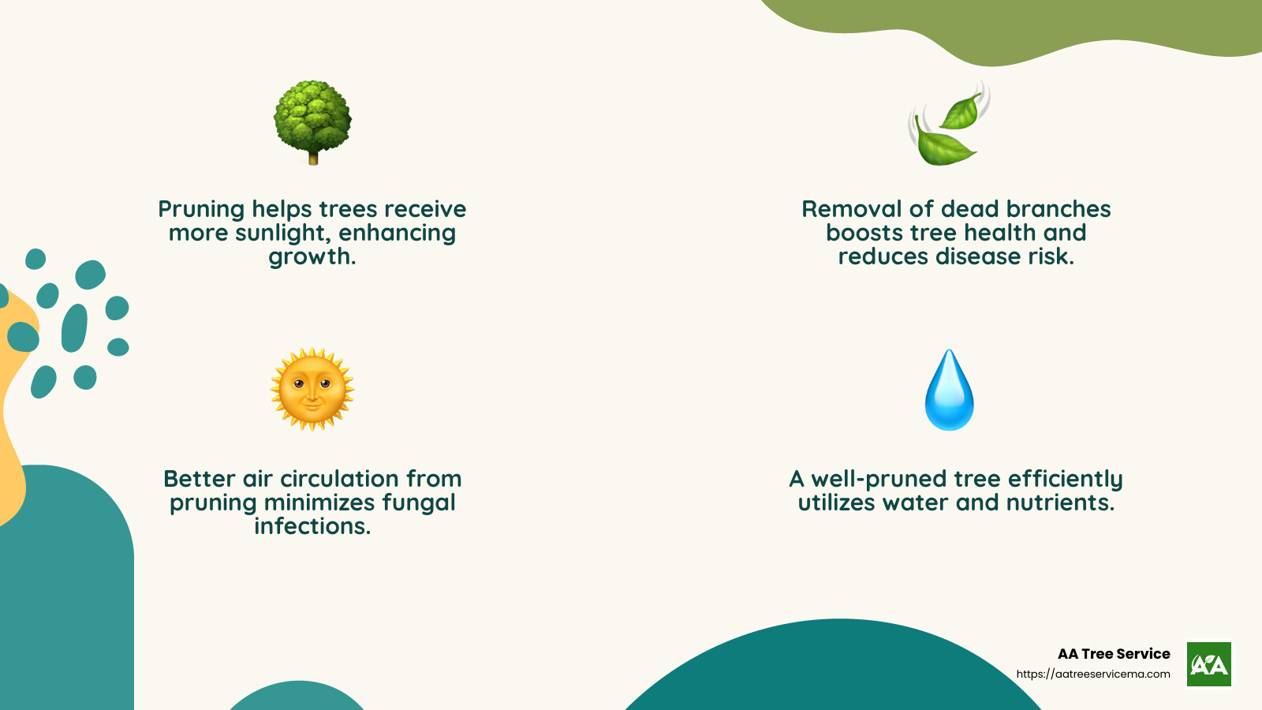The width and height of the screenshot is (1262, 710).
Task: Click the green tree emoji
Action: (x=312, y=118)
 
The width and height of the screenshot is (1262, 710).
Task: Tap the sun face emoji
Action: (x=312, y=389)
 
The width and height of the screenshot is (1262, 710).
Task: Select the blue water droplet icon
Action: (x=949, y=390)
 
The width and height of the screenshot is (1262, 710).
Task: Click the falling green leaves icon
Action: (x=949, y=124)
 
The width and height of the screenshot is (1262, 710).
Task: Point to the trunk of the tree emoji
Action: (x=313, y=158)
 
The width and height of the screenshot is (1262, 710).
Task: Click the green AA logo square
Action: (x=1208, y=664)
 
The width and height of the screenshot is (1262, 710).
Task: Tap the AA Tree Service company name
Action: (x=1114, y=654)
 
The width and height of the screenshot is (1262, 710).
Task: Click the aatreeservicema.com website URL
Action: (x=1093, y=674)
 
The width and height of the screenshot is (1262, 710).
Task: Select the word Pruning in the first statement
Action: (x=201, y=210)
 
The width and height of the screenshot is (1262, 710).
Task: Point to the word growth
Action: (x=311, y=258)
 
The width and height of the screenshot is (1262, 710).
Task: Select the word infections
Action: (x=312, y=526)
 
